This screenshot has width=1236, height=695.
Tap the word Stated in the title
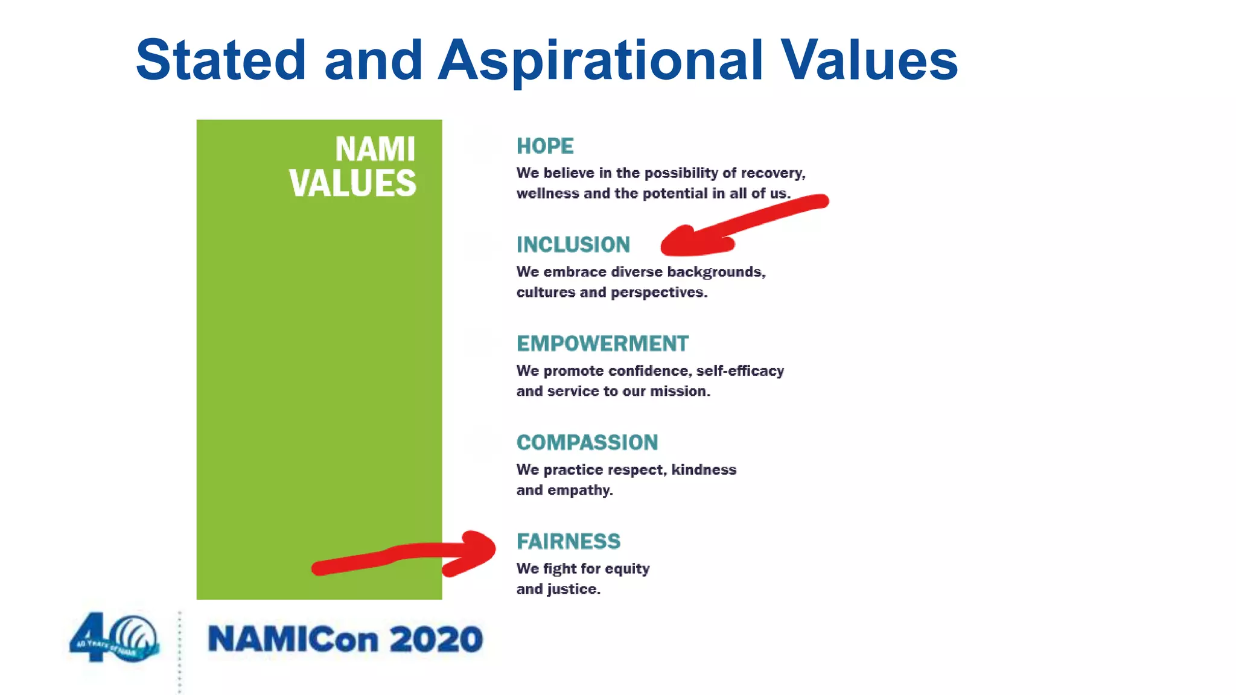pos(221,60)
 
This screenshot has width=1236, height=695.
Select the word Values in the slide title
pos(868,60)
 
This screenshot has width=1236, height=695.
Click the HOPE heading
pos(545,146)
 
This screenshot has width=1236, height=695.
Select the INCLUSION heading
pos(573,244)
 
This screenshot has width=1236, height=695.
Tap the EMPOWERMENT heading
pos(602,343)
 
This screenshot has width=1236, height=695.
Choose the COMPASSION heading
pos(587,442)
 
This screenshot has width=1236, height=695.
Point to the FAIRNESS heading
pos(568,541)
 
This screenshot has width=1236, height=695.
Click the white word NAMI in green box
pos(375,149)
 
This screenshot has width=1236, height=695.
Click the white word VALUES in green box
pos(352,183)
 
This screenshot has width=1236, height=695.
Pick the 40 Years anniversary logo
pos(115,638)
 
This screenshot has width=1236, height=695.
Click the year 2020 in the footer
pos(436,639)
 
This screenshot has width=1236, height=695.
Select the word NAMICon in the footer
pos(293,639)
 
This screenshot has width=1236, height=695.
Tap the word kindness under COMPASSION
pos(704,469)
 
